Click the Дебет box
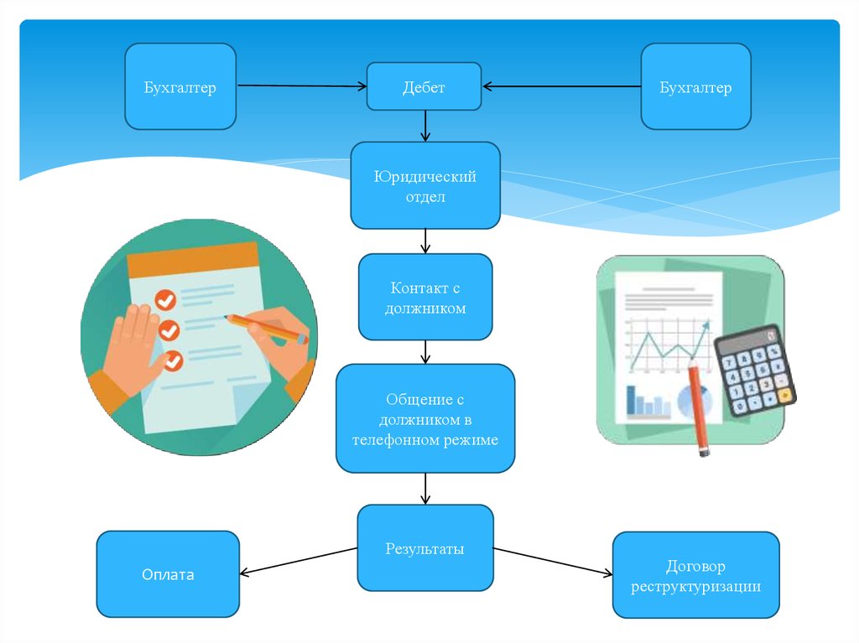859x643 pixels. tap(424, 86)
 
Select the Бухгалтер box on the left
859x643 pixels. tap(180, 86)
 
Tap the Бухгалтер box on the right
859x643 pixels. tap(695, 86)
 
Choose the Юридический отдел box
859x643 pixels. tap(425, 185)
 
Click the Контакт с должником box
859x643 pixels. tap(425, 297)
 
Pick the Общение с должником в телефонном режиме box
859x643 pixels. tap(425, 418)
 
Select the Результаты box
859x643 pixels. tap(425, 547)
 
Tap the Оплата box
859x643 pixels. tap(168, 574)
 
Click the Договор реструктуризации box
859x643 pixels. tap(695, 575)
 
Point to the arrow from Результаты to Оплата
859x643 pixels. tap(299, 561)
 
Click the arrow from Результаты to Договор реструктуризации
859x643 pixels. tap(554, 562)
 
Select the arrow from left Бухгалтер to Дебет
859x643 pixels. tap(302, 86)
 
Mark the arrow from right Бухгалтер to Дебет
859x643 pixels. tap(561, 86)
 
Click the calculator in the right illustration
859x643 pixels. tap(756, 371)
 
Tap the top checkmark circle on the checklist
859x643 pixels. tap(165, 299)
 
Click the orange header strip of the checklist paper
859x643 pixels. tap(193, 259)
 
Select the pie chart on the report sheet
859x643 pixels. tap(695, 401)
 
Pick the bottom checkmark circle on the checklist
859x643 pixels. tap(173, 361)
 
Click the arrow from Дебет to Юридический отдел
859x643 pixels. tap(425, 126)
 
